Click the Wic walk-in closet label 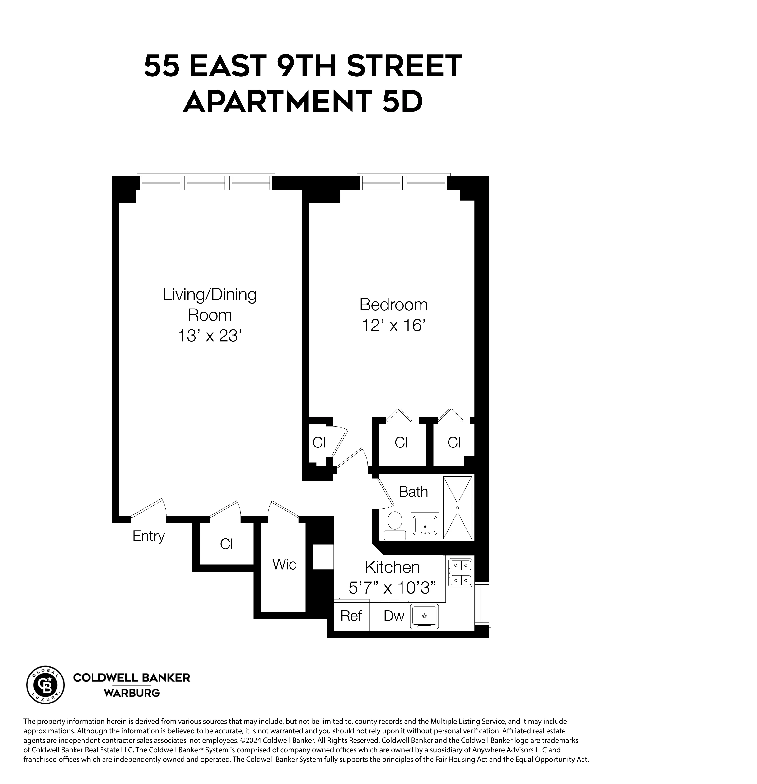click(284, 564)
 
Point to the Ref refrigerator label click(351, 616)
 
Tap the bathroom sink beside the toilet click(425, 525)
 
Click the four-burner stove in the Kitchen click(460, 573)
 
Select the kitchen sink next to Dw click(425, 616)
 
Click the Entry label click(148, 536)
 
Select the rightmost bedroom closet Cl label click(454, 442)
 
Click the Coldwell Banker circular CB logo click(45, 685)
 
